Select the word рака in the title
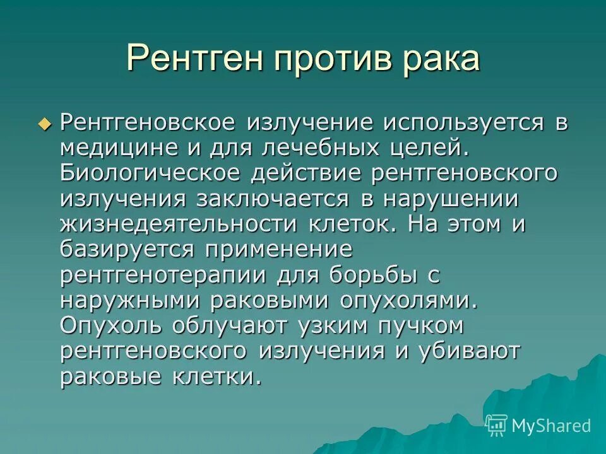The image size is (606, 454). click(x=443, y=58)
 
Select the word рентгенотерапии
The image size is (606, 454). click(x=160, y=275)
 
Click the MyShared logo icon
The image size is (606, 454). click(x=497, y=424)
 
